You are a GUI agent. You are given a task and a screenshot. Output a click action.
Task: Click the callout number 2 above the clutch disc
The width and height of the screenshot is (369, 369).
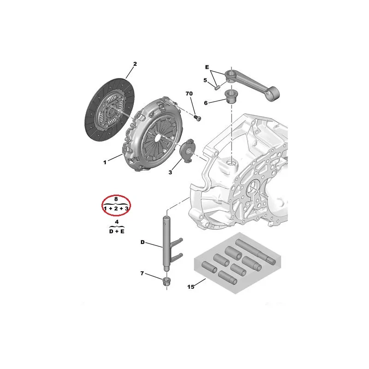pos(135,64)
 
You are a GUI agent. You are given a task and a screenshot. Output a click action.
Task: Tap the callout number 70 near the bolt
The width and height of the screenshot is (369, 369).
pos(189,94)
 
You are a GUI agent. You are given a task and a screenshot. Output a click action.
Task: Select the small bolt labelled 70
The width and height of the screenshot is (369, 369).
pos(197,118)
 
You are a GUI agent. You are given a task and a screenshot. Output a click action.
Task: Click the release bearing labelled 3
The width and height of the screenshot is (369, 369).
pos(186,151)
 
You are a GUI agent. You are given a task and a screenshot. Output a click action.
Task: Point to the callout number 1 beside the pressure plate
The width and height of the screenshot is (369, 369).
pos(105,162)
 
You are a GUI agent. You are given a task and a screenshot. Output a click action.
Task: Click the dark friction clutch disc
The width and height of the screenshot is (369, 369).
pos(109,110)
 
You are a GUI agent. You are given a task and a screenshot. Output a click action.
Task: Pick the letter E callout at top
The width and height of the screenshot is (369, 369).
pos(207,67)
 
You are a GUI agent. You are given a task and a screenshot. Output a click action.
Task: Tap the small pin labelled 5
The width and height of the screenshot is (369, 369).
pos(217,88)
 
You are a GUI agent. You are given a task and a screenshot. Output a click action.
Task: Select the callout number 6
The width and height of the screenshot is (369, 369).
pos(206,103)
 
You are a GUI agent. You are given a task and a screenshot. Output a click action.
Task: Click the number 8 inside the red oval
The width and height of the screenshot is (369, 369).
pos(116,199)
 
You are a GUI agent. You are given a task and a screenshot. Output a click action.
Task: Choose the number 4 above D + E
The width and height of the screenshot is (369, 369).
pos(117,222)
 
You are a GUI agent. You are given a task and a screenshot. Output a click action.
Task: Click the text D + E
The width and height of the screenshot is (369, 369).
pos(117,232)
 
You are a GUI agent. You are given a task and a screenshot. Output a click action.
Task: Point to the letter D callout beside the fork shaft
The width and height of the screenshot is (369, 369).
pos(143,242)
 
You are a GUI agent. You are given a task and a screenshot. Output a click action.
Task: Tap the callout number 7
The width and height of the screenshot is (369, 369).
pos(142,273)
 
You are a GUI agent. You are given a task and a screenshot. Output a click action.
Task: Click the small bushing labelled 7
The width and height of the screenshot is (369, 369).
pos(167,281)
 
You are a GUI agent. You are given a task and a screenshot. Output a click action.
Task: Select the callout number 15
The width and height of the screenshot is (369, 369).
pos(191,286)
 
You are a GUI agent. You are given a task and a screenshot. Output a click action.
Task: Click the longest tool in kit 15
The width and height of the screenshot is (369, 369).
pos(256,251)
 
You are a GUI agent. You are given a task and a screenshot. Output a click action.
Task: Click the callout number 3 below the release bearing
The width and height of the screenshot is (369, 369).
pos(170,172)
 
